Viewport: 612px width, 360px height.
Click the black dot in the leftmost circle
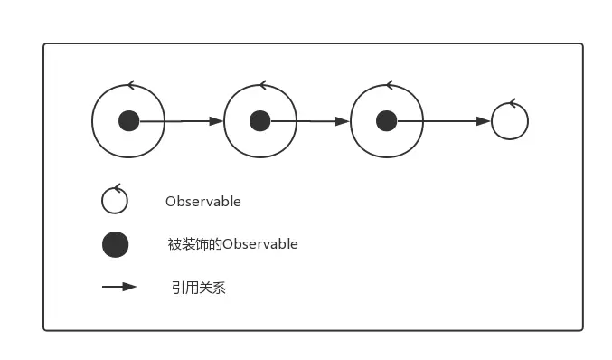click(129, 120)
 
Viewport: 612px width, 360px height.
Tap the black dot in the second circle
click(259, 120)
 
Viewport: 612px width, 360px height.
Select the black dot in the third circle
click(386, 120)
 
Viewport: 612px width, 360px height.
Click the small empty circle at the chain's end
click(509, 121)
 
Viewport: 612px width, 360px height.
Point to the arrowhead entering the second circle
click(215, 120)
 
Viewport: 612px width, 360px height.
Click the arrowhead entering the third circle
click(343, 120)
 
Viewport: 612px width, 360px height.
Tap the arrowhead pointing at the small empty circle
click(484, 120)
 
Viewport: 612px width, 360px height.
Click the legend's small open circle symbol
click(115, 201)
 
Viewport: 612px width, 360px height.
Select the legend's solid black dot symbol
click(115, 244)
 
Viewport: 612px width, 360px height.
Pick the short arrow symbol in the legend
click(118, 287)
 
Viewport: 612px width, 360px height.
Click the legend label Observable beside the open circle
click(202, 202)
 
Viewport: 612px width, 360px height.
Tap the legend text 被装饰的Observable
click(232, 244)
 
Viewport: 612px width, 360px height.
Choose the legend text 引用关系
click(198, 288)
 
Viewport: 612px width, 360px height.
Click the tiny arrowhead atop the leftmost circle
click(130, 86)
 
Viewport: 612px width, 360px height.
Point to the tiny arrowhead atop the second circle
click(261, 86)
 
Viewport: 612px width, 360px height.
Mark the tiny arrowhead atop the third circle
click(388, 86)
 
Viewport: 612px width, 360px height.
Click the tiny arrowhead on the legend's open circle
click(114, 187)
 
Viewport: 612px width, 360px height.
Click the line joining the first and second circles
click(176, 120)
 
